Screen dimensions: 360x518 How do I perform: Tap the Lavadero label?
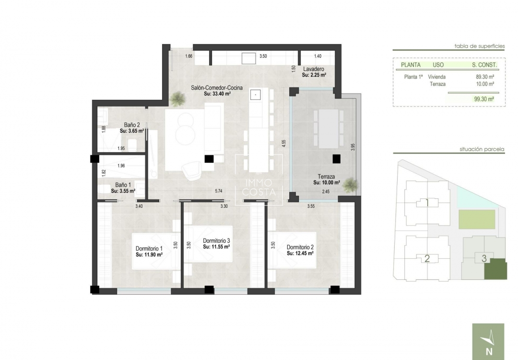pyautogui.click(x=314, y=69)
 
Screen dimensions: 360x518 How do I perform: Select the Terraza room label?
pyautogui.click(x=326, y=176)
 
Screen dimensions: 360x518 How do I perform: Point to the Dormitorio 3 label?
pyautogui.click(x=216, y=240)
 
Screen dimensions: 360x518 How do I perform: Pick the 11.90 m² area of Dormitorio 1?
pyautogui.click(x=149, y=255)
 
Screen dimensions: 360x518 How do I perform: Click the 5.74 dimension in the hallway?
pyautogui.click(x=219, y=191)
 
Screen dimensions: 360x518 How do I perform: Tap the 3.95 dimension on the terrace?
pyautogui.click(x=353, y=147)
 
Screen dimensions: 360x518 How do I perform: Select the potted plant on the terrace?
pyautogui.click(x=351, y=184)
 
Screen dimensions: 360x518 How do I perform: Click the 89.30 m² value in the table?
pyautogui.click(x=485, y=76)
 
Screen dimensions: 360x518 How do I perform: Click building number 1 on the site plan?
pyautogui.click(x=427, y=203)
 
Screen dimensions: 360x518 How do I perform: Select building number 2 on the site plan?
pyautogui.click(x=427, y=259)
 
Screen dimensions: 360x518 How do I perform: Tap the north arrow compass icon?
pyautogui.click(x=488, y=341)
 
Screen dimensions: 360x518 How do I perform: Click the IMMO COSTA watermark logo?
pyautogui.click(x=259, y=188)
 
